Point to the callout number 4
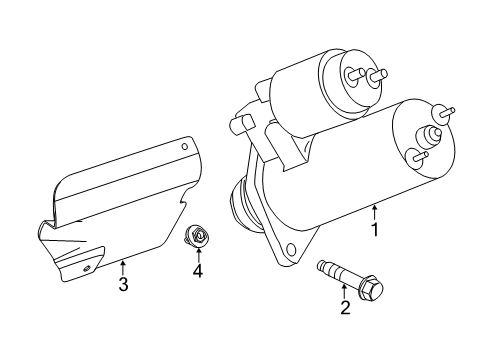(x=197, y=269)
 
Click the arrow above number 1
(x=375, y=210)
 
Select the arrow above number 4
(x=197, y=251)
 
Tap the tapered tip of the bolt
(x=320, y=265)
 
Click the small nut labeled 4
(x=196, y=236)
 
